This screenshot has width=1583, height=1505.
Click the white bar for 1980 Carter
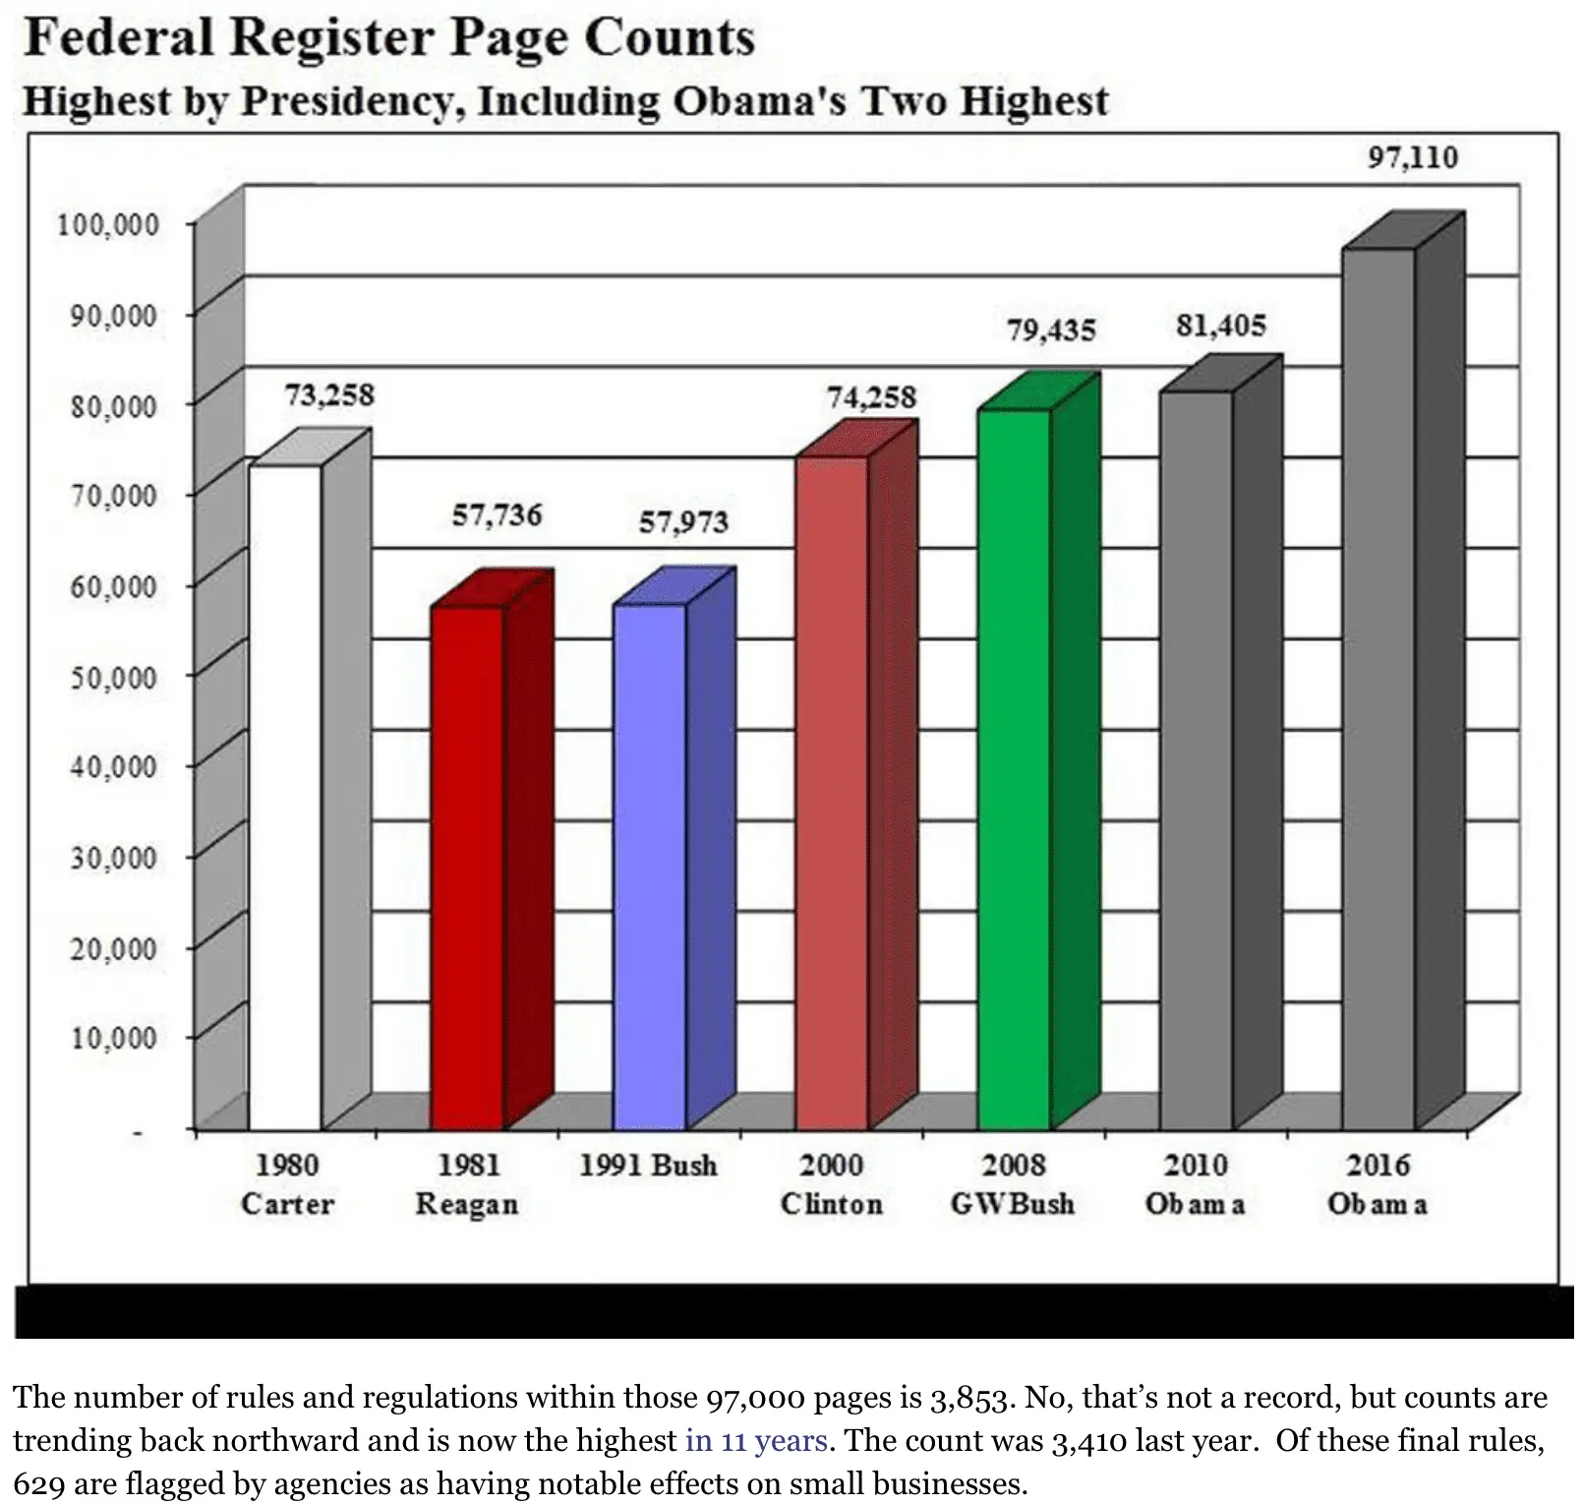(285, 797)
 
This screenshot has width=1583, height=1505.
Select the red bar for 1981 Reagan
(467, 866)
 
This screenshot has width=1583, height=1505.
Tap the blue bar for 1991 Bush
(649, 866)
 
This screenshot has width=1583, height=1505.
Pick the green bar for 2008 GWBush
(1014, 767)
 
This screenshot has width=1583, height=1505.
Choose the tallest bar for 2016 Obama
(1378, 689)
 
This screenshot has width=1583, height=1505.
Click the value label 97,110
(1413, 157)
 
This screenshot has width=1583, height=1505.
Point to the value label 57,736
(497, 514)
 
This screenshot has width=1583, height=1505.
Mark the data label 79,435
(1051, 330)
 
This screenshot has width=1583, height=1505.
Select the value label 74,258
(871, 397)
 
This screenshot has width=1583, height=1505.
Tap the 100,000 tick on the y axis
(108, 225)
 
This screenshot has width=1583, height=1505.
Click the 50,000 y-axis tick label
(113, 678)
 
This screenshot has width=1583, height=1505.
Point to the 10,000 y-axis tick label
(113, 1038)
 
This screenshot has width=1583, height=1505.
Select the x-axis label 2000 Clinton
(832, 1184)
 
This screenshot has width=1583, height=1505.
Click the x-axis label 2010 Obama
(1196, 1184)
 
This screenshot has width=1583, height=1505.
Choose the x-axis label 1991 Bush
(648, 1166)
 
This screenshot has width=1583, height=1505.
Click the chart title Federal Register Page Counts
(389, 38)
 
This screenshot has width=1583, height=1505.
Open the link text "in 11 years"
(756, 1440)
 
